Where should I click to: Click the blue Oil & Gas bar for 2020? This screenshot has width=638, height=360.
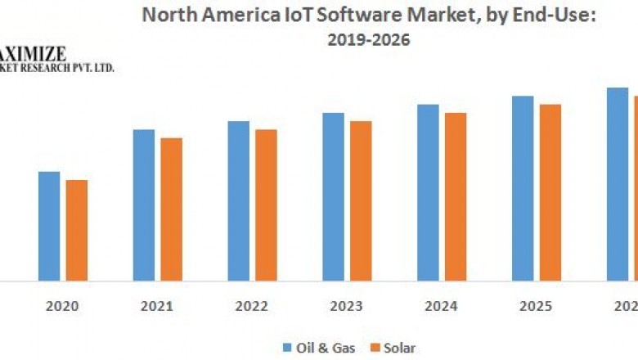[49, 226]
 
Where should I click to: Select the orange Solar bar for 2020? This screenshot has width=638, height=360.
[76, 230]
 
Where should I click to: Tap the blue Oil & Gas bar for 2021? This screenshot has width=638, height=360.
[144, 205]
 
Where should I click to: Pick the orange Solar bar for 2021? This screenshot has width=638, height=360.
[171, 209]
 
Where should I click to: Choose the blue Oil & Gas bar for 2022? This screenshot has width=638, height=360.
[239, 200]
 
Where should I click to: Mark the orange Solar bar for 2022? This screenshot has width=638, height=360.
[266, 205]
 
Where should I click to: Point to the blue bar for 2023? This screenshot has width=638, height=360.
[333, 196]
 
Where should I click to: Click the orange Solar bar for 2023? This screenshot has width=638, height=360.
[361, 200]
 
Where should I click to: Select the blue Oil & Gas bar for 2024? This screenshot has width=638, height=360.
[428, 192]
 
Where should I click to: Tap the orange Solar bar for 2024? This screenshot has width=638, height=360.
[456, 196]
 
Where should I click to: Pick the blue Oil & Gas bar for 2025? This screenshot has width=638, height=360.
[523, 188]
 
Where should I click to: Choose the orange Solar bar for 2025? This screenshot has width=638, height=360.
[550, 192]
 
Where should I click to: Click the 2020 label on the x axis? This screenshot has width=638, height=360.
[62, 307]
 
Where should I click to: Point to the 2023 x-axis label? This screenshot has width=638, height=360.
[346, 307]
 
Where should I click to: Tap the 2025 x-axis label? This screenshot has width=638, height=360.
[536, 307]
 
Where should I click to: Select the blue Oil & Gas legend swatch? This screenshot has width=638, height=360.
[287, 348]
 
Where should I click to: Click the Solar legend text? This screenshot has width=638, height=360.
[399, 348]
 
